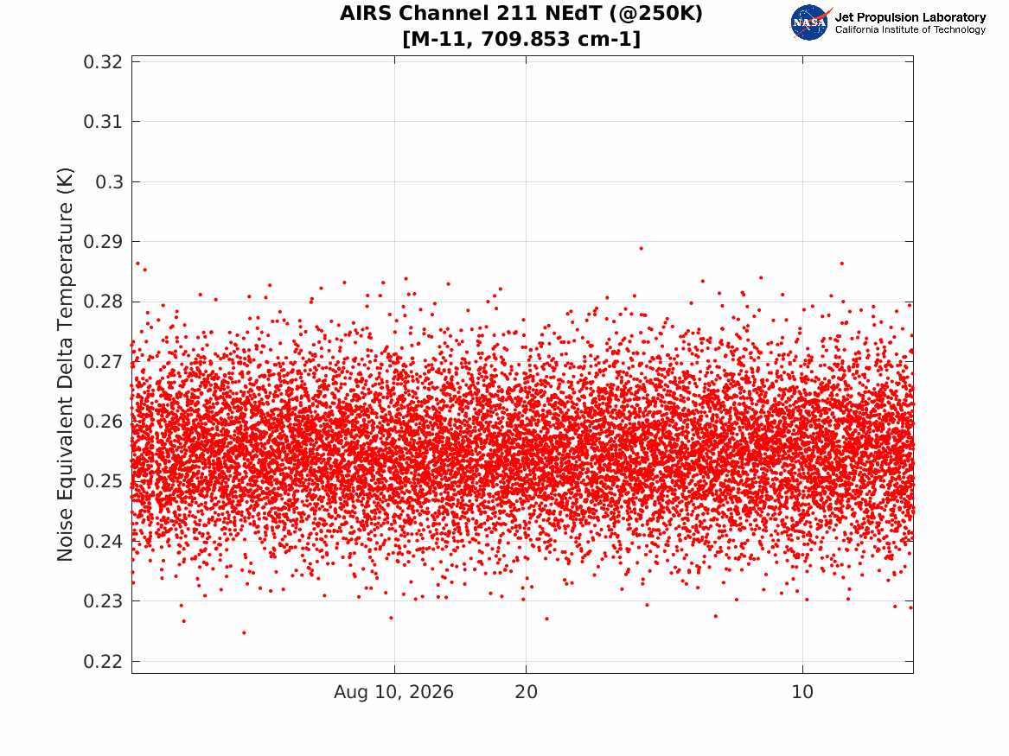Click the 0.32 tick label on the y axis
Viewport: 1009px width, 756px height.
click(102, 61)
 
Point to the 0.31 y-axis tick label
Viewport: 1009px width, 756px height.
click(102, 122)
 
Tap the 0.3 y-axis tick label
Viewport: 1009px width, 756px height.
click(109, 182)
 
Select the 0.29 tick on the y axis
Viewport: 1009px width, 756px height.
click(102, 242)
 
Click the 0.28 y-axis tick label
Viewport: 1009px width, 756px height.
click(102, 302)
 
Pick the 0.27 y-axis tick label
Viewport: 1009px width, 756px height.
click(102, 361)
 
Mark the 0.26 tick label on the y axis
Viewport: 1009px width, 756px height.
click(102, 422)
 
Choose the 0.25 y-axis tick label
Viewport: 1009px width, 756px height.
click(102, 481)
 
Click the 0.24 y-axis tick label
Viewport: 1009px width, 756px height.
click(102, 541)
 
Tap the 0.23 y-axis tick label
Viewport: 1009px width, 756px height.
click(102, 601)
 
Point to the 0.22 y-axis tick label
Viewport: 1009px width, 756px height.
click(102, 662)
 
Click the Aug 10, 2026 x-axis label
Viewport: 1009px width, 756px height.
click(393, 692)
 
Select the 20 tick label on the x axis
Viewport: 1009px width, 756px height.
click(526, 692)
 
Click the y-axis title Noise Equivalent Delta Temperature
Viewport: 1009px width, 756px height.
click(65, 365)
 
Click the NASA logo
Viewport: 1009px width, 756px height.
click(810, 22)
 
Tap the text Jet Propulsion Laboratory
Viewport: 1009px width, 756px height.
click(910, 17)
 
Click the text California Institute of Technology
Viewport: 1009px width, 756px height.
click(910, 29)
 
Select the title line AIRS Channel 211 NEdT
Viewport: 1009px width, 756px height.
click(521, 14)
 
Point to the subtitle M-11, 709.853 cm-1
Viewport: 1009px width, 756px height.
click(521, 39)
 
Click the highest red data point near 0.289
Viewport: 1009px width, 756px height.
click(641, 248)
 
